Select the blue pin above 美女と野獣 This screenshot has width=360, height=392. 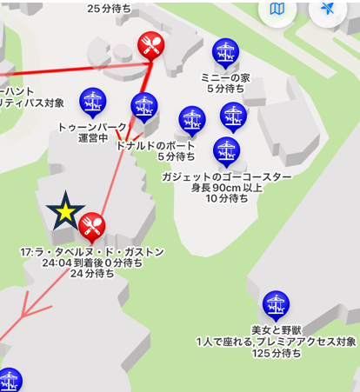pos(276,305)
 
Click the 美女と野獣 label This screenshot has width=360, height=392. pos(276,329)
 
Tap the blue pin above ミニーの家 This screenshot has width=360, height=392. pos(225,53)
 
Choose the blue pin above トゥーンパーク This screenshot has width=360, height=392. pos(92,101)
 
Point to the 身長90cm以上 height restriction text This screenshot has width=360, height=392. pos(226,188)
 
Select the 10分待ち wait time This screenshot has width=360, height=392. pos(226,199)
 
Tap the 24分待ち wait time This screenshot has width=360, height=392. pos(91,274)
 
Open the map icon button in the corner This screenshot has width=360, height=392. pos(277,10)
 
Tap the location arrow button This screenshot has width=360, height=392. pos(327,10)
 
